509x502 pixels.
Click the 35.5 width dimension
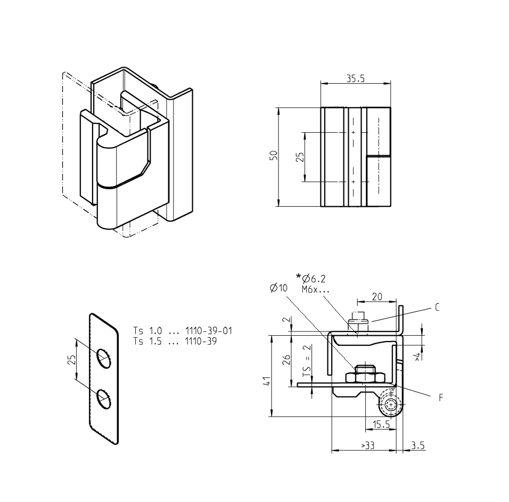[x=355, y=78]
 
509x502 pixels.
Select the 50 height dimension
[x=273, y=156]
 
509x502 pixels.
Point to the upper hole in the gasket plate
[x=104, y=358]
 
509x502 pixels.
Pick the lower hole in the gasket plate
[x=104, y=399]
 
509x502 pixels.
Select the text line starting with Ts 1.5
[x=175, y=341]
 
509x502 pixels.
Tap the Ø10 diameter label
[x=278, y=288]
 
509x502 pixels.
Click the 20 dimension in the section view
[x=377, y=297]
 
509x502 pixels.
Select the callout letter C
[x=437, y=307]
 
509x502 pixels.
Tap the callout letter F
[x=441, y=398]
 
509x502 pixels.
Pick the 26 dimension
[x=286, y=360]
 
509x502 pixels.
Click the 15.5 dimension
[x=381, y=425]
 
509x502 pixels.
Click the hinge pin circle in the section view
[x=392, y=404]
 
